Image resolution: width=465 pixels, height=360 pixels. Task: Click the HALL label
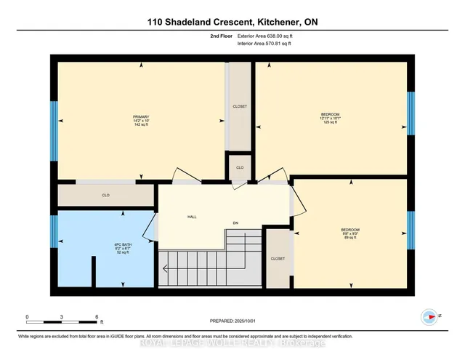click(x=192, y=217)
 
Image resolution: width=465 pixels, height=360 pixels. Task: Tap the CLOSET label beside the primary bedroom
click(x=240, y=106)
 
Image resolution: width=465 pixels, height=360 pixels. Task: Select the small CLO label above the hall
click(x=240, y=168)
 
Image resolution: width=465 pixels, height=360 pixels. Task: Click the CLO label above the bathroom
click(x=105, y=195)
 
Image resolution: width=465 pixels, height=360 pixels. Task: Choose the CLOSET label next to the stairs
click(x=278, y=258)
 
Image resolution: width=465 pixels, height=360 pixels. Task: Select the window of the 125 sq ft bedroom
click(x=411, y=113)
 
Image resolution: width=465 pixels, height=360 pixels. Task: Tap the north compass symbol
click(x=429, y=317)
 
